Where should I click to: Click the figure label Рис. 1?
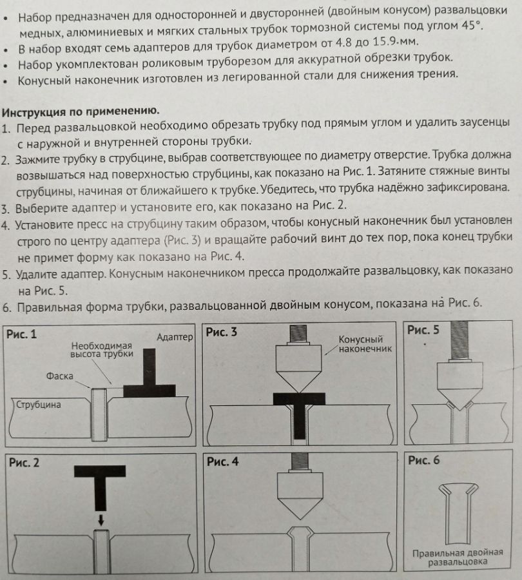[x=21, y=334]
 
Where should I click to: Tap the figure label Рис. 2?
[x=22, y=462]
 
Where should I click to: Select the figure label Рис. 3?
[x=220, y=333]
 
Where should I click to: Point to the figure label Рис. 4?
[x=222, y=462]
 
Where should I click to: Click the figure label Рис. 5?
[x=423, y=331]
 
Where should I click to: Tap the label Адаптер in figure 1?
[x=175, y=337]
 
